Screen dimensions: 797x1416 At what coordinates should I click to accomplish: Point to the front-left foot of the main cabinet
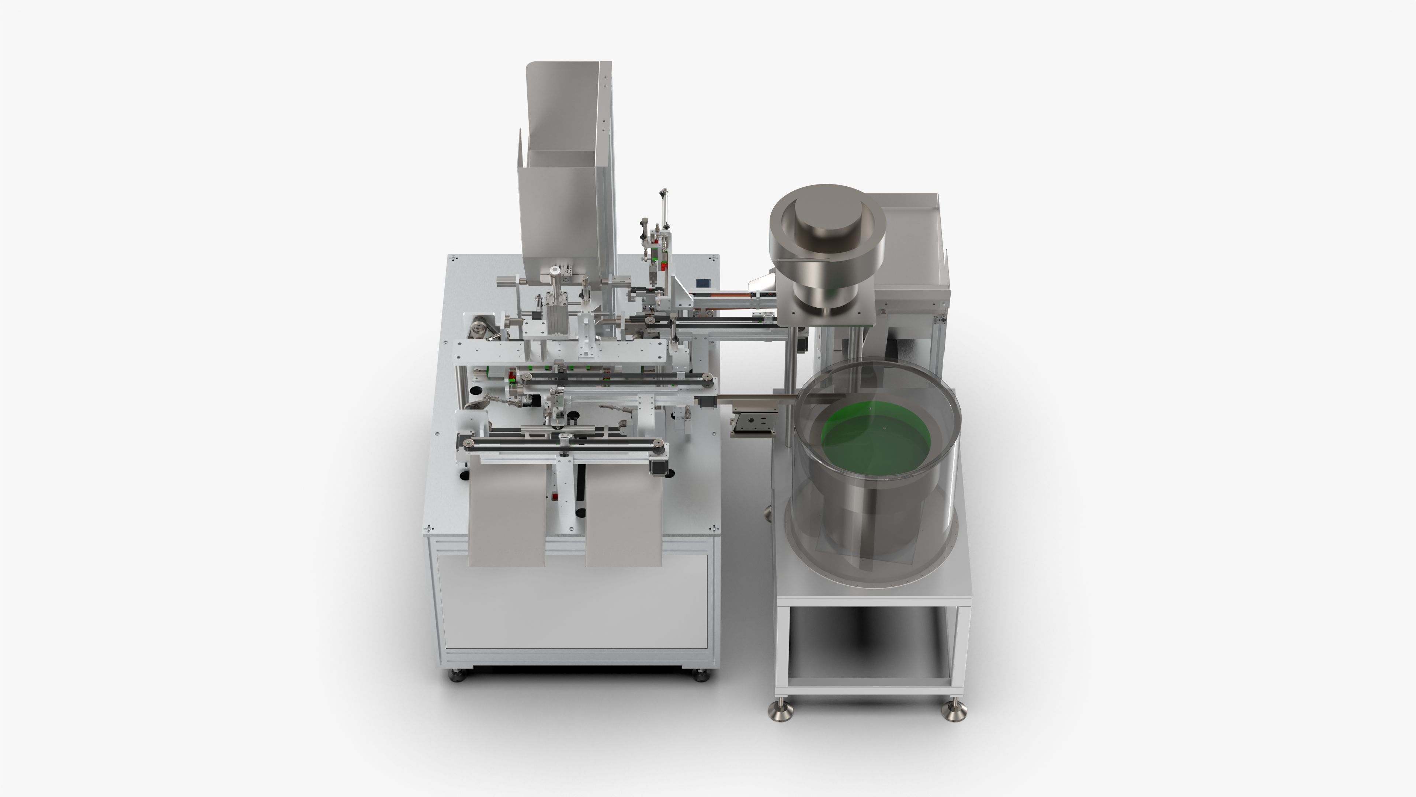click(x=457, y=675)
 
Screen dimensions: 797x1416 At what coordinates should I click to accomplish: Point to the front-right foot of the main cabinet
click(x=700, y=675)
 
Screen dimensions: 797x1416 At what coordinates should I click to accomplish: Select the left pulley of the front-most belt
click(x=468, y=443)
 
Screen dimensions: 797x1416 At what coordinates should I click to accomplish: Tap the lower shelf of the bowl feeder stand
click(x=868, y=681)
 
